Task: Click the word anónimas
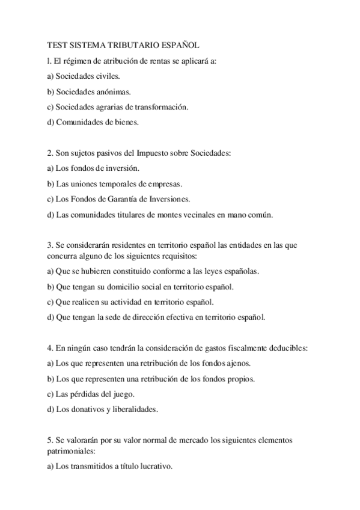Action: pyautogui.click(x=111, y=92)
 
